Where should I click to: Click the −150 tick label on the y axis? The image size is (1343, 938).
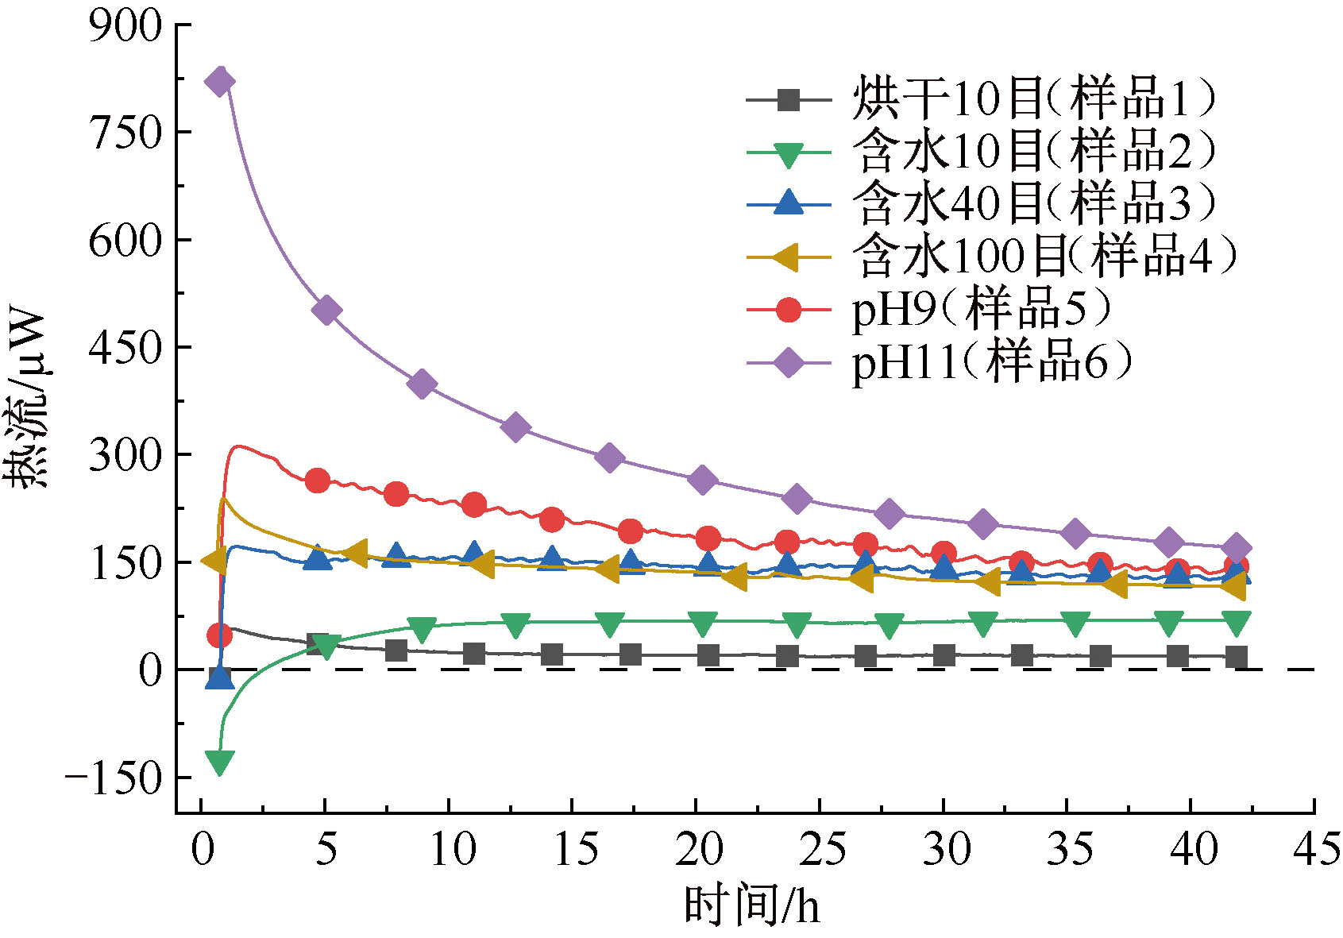[113, 778]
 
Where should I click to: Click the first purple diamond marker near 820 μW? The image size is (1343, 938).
[220, 81]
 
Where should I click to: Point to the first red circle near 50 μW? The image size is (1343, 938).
[219, 635]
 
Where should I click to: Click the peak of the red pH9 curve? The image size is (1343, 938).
[237, 446]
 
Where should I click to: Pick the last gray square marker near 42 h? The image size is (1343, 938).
[1237, 657]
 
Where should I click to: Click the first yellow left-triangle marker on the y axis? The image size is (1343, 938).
[214, 561]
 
